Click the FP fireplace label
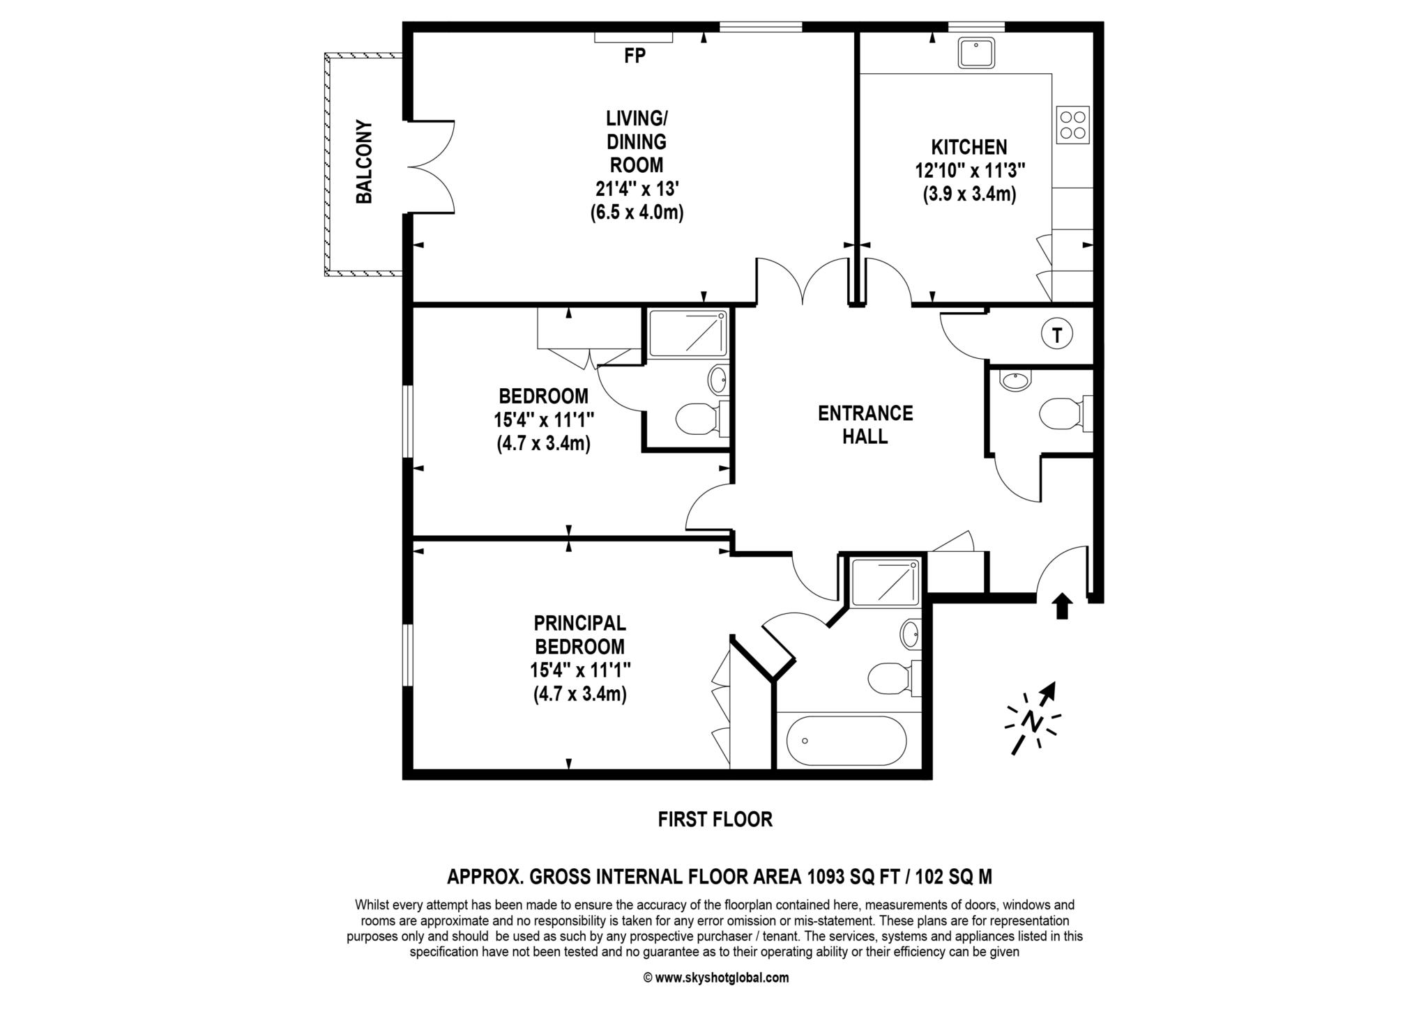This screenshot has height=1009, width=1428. (x=635, y=56)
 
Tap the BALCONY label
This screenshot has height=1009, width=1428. (x=364, y=162)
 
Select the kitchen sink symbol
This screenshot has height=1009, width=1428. (x=976, y=53)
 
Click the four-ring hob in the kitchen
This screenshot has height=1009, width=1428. (x=1072, y=125)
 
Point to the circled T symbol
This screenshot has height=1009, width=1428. (x=1056, y=336)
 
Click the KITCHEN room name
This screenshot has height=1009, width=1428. (x=969, y=147)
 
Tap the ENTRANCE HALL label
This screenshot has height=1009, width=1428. (x=865, y=424)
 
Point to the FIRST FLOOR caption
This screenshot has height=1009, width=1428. (x=715, y=819)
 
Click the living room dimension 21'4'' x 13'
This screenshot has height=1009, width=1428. (x=636, y=188)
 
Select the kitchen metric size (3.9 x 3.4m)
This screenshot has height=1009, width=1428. (x=969, y=194)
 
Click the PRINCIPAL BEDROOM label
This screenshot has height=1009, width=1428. (x=579, y=634)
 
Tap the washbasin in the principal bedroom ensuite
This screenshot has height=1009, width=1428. (x=911, y=634)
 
